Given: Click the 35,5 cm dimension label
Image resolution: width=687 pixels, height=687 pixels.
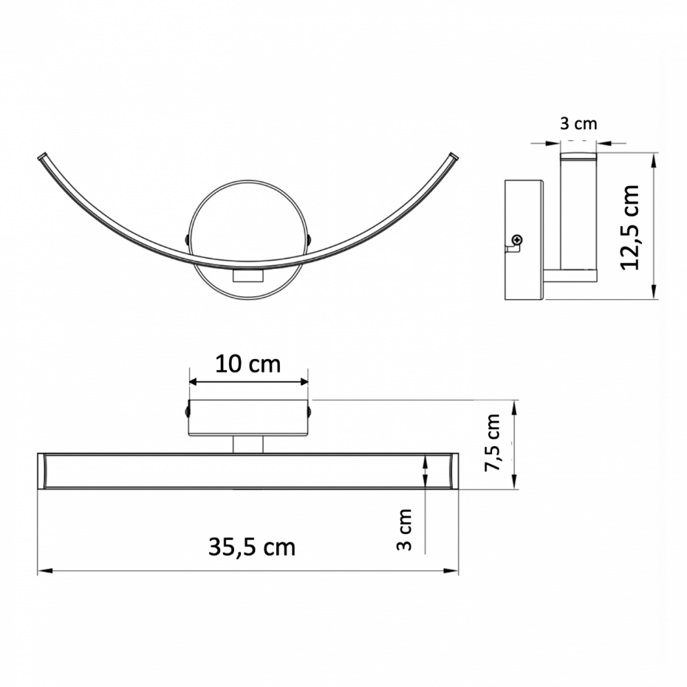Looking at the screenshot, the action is coord(252,547).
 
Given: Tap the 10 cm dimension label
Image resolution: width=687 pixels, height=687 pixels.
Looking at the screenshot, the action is coord(248,364).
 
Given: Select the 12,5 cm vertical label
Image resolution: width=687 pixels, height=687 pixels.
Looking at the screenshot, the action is coord(630,228).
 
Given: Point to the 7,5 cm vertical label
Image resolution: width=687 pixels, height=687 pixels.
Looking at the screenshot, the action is coord(492,442).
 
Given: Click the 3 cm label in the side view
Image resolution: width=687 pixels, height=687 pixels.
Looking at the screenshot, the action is coord(578,124).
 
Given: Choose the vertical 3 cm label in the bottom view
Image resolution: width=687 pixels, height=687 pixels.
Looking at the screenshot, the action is coord(404,529).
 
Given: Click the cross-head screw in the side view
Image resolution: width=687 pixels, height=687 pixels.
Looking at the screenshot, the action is coord(518,239).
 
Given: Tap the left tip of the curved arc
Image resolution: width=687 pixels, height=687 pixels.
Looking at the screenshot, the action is coord(41,157).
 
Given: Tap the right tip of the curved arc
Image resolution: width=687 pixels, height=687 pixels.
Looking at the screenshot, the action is coord(454,156).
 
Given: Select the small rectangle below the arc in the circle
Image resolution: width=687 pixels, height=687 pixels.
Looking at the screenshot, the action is coord(248,276).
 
